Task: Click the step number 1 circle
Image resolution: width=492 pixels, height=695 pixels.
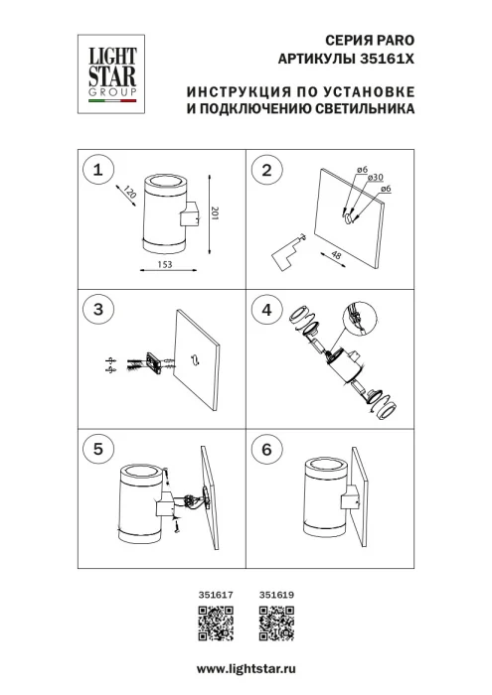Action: tap(97, 170)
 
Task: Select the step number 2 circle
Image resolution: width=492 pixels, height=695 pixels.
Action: tap(265, 170)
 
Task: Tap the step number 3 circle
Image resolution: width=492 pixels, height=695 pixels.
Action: tap(97, 310)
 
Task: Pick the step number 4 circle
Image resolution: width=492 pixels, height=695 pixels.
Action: tap(265, 310)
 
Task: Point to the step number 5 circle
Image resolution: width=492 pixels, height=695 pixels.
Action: tap(97, 449)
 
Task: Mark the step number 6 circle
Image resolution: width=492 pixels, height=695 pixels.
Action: tap(265, 449)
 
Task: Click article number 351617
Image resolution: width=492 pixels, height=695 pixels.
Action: tap(216, 595)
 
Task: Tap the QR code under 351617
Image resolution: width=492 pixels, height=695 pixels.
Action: tap(216, 623)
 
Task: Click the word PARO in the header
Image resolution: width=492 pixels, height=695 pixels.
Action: tap(389, 38)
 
